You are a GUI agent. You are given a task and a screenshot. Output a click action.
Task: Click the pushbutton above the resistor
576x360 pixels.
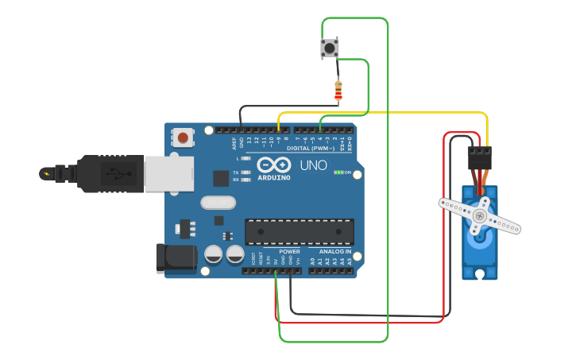[x=330, y=48]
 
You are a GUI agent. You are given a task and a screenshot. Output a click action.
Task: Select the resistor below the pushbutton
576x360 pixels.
[x=338, y=91]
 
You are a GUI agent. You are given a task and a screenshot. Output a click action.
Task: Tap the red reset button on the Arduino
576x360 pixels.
[x=184, y=137]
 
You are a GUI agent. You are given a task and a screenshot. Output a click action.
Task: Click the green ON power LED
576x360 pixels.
[x=339, y=172]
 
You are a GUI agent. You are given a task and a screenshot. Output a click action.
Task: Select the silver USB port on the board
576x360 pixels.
[x=168, y=173]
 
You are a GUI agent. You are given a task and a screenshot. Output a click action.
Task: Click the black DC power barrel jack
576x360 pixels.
[x=176, y=259]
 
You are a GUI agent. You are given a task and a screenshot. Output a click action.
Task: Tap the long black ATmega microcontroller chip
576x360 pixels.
[x=299, y=231]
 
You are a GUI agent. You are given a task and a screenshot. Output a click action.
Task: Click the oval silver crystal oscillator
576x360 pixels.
[x=218, y=203]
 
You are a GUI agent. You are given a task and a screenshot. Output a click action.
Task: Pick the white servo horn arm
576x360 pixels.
[x=480, y=215]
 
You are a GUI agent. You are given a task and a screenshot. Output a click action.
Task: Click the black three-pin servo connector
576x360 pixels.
[x=479, y=156]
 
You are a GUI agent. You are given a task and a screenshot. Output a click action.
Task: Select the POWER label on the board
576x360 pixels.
[x=289, y=251]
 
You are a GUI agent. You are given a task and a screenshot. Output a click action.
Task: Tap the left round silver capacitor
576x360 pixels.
[x=214, y=254]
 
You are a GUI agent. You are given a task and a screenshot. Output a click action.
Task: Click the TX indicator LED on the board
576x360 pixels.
[x=245, y=172]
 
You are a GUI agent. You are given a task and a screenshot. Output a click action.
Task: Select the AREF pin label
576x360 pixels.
[x=234, y=143]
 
